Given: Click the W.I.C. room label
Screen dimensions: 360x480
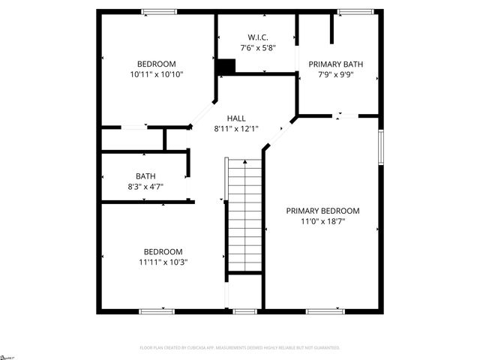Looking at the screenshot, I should [258, 37].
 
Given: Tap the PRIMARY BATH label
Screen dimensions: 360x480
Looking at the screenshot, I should [336, 64].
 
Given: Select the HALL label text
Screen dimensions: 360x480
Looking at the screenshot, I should [236, 118].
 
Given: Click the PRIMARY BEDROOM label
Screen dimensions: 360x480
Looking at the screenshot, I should [322, 211].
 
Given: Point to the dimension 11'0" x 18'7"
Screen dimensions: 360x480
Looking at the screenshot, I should [322, 221].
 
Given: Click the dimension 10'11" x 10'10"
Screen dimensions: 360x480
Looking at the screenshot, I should [156, 74].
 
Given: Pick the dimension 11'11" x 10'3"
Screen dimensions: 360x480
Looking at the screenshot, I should [163, 262].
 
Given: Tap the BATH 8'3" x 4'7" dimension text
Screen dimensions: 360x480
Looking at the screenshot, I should [145, 187].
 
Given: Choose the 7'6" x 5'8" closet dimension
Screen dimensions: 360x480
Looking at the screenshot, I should [258, 48].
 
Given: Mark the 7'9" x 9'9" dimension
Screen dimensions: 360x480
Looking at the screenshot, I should [336, 75].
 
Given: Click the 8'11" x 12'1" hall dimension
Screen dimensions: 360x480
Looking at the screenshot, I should [236, 128].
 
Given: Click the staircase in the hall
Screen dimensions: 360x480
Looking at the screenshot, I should [244, 217].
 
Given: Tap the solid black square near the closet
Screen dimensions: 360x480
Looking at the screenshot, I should [225, 67].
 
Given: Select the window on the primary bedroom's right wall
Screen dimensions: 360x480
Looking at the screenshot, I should [381, 147].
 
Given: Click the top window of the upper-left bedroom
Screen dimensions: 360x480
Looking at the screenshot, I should [159, 11].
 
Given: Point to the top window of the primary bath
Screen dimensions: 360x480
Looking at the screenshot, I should [349, 11].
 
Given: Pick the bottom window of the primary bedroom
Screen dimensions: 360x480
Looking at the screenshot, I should [325, 311].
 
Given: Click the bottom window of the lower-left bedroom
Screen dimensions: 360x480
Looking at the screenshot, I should [157, 311].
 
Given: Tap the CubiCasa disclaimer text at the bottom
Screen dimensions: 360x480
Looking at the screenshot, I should [240, 348].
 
